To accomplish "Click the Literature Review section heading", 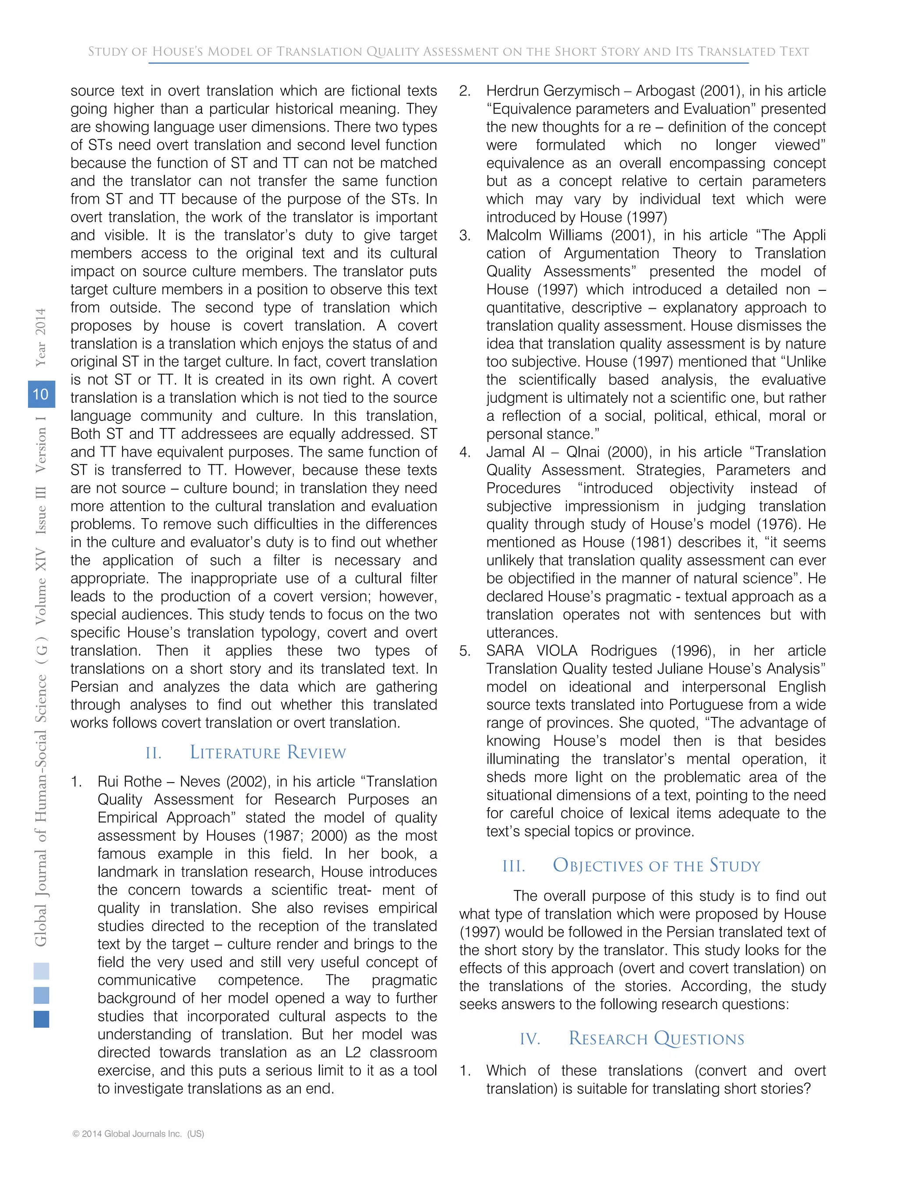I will (268, 752).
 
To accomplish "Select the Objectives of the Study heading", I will (656, 865).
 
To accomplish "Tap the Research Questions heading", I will (656, 1039).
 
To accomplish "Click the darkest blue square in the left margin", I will (41, 1019).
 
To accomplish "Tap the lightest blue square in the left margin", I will (41, 971).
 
